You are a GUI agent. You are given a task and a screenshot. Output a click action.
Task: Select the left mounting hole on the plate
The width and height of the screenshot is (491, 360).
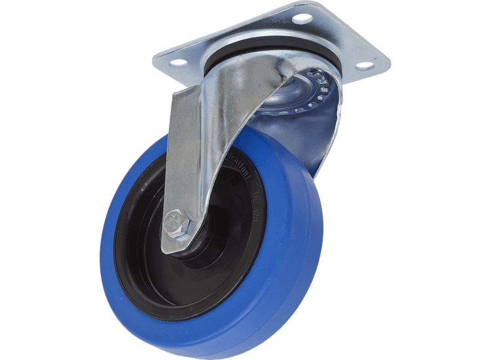[178, 63]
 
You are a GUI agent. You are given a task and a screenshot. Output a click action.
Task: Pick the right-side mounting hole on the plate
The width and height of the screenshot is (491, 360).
[365, 65]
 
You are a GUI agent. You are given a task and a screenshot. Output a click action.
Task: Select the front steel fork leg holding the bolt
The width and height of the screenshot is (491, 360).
[196, 151]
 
